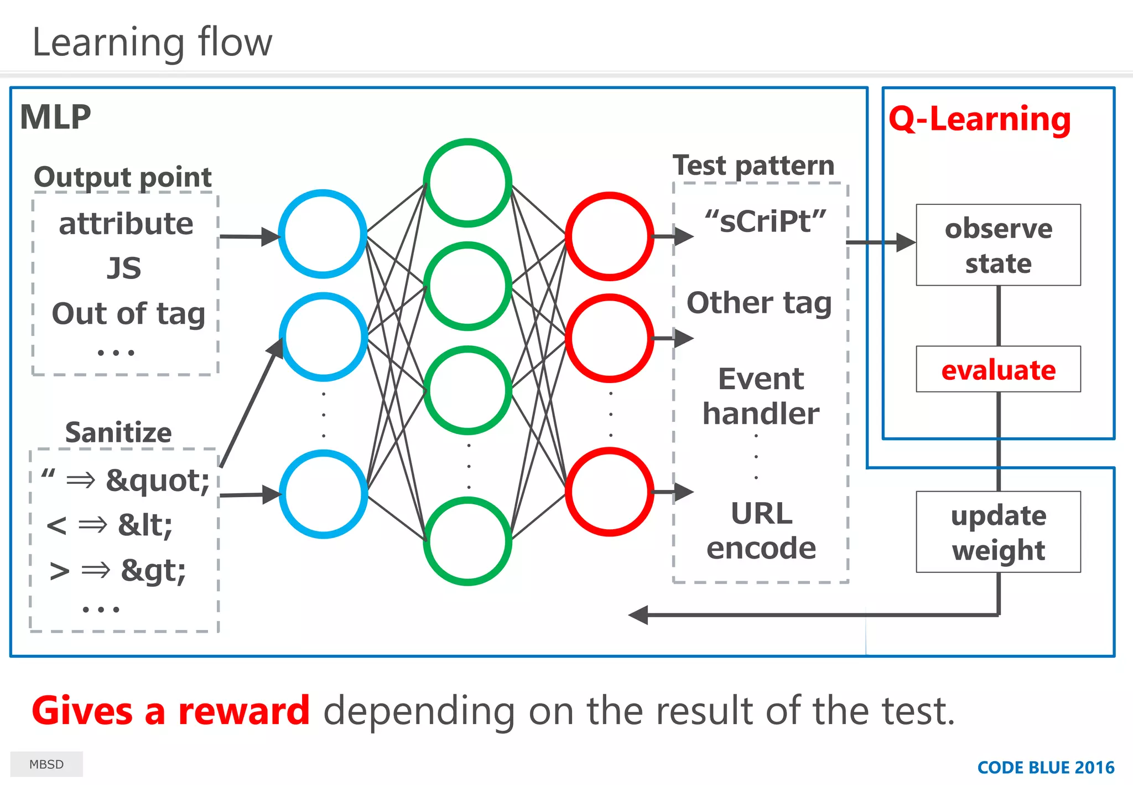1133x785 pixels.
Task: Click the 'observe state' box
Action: [x=998, y=245]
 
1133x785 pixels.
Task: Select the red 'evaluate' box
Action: [x=998, y=370]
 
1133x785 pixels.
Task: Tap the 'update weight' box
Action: [x=998, y=532]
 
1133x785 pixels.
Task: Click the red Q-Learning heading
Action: [x=980, y=119]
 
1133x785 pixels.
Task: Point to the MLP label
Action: [x=55, y=117]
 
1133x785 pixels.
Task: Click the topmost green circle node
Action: [x=467, y=183]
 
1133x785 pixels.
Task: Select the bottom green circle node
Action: [x=467, y=541]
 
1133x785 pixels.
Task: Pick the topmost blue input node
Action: [x=323, y=234]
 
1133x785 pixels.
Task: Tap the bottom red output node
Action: [x=610, y=492]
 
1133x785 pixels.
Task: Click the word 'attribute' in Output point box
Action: [x=126, y=224]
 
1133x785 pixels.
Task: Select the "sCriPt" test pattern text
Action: [x=766, y=221]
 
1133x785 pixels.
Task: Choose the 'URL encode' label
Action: [x=761, y=530]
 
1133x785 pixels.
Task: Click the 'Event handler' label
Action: [x=761, y=396]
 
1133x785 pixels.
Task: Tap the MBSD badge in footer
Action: [x=46, y=765]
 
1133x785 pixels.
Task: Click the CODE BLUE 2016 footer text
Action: [x=1046, y=768]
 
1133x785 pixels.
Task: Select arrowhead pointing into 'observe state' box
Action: [x=906, y=242]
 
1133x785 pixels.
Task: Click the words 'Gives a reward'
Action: [x=170, y=711]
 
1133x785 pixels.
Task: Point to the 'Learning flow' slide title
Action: [x=152, y=42]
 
